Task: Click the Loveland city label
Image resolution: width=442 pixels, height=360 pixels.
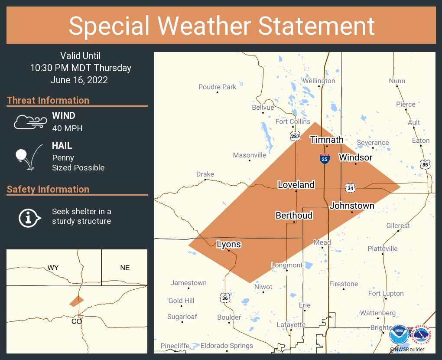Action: (296, 185)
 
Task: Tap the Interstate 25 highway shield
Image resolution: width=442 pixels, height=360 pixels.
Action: (325, 159)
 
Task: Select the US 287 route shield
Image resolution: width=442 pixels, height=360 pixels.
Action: (295, 137)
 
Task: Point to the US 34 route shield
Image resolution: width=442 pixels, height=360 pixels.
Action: (350, 188)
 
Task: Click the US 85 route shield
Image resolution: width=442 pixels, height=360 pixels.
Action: (425, 164)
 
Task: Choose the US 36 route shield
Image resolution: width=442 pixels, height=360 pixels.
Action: (224, 298)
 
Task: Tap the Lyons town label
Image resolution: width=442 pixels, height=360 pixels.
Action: (228, 245)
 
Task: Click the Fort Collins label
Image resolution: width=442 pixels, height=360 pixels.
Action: (293, 121)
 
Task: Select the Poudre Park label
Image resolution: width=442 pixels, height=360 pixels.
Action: (218, 87)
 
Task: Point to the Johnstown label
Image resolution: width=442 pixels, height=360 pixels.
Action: (352, 206)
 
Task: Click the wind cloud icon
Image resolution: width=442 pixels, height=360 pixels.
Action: (29, 122)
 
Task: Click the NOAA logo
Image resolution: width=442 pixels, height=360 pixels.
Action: (398, 335)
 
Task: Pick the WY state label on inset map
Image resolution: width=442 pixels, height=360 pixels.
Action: (53, 268)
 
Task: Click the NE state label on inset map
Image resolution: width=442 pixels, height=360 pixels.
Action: (125, 268)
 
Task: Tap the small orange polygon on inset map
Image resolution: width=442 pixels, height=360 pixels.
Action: (77, 301)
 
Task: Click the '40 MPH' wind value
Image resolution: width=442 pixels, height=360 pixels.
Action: (67, 128)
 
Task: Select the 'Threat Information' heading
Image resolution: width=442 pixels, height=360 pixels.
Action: (48, 100)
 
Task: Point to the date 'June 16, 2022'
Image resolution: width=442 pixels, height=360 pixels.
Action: (79, 80)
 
